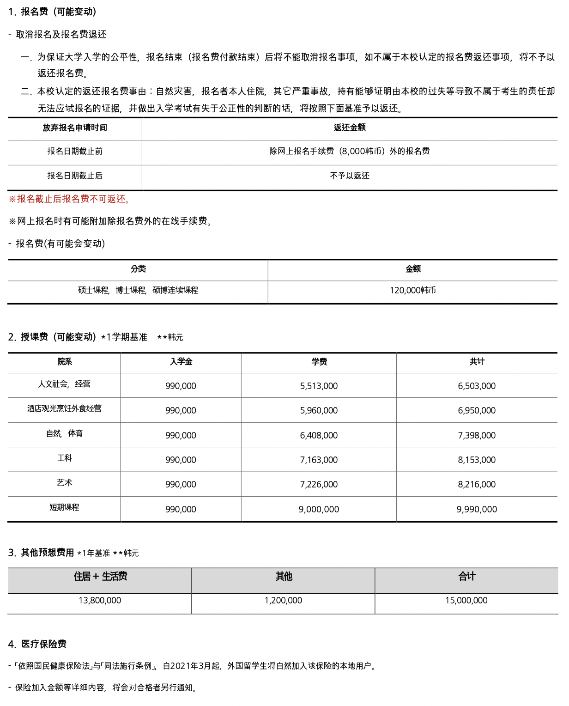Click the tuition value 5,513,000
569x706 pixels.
click(x=319, y=386)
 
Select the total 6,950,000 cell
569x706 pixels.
click(x=477, y=410)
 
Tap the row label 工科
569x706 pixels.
click(x=65, y=458)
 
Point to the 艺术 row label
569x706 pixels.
click(x=65, y=482)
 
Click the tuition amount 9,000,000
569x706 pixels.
click(x=319, y=509)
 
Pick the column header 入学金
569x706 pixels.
click(x=181, y=361)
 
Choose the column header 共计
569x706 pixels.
click(x=477, y=361)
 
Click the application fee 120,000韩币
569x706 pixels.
click(x=413, y=290)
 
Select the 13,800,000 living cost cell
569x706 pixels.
click(x=100, y=600)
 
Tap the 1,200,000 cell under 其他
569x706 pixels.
click(x=283, y=600)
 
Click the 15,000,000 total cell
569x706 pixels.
click(x=466, y=600)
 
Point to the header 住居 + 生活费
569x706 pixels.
click(x=100, y=576)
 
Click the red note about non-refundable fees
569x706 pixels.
click(x=70, y=199)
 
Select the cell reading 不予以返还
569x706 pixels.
click(x=350, y=176)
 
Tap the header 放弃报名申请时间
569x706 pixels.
click(x=75, y=128)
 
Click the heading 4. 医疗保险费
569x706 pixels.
click(x=38, y=644)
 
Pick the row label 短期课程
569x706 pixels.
click(x=65, y=507)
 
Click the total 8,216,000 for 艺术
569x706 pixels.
click(x=477, y=484)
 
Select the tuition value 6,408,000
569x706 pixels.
click(x=319, y=435)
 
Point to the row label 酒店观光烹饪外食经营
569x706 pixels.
click(x=65, y=408)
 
